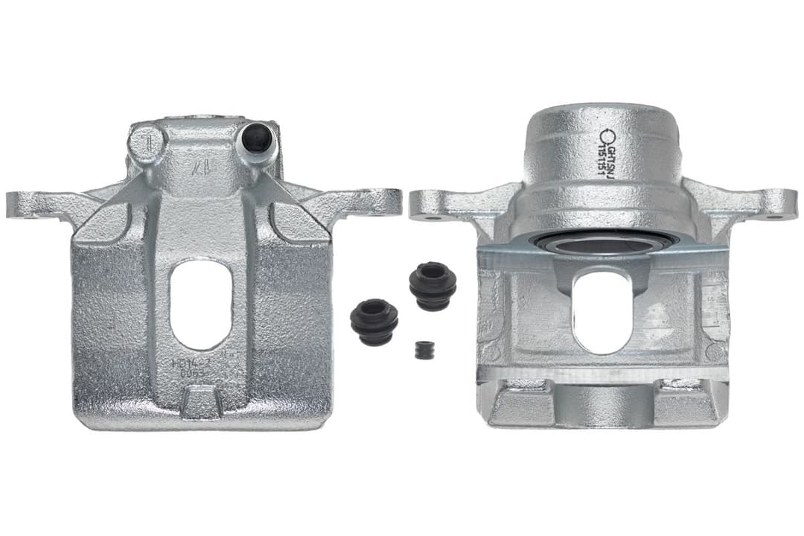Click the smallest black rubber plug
pyautogui.click(x=424, y=350)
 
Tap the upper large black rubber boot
pyautogui.click(x=433, y=285)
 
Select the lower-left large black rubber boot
pyautogui.click(x=374, y=321)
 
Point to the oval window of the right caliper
pyautogui.click(x=602, y=311)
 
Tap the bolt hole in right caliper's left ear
pyautogui.click(x=431, y=217)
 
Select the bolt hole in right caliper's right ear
pyautogui.click(x=773, y=217)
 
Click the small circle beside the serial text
pyautogui.click(x=607, y=136)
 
